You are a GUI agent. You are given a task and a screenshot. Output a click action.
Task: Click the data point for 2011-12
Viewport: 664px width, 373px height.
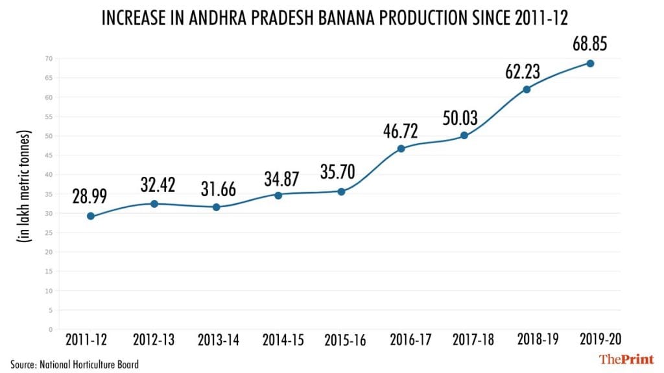pos(91,216)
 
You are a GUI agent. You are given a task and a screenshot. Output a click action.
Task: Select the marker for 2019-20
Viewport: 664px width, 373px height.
pos(590,63)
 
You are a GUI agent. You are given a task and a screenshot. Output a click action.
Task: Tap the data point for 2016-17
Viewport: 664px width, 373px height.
pos(401,148)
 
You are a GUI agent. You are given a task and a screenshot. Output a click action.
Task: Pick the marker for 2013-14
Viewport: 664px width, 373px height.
pos(216,207)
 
